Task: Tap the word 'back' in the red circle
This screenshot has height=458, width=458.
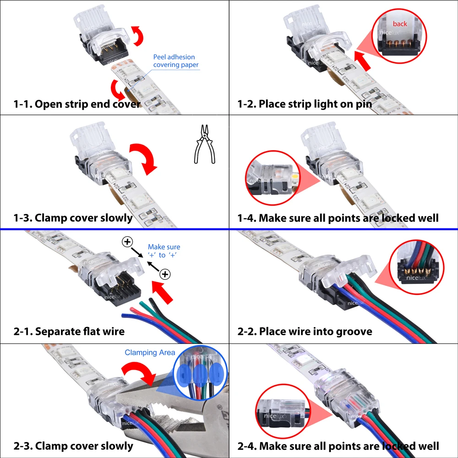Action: point(400,24)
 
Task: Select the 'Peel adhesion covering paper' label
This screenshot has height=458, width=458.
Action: point(176,61)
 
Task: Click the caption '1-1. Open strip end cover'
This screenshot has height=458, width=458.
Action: point(76,104)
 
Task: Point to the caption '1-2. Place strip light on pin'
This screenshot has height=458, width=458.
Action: point(304,104)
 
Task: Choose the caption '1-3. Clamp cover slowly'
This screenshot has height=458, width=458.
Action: point(73,218)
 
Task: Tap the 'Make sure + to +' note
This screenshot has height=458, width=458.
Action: point(164,251)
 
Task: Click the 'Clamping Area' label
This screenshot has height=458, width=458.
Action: point(150,353)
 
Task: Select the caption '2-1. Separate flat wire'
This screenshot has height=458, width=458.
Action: point(69,331)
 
